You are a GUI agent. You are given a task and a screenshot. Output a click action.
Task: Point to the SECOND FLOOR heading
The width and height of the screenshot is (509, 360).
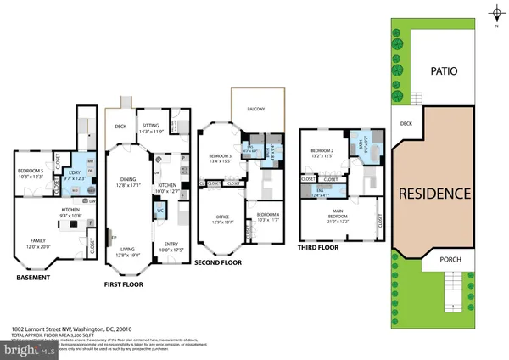[218, 263]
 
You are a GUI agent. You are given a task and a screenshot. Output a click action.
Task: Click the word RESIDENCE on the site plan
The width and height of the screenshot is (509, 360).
[435, 194]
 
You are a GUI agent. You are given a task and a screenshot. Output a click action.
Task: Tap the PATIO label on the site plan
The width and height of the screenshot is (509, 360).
[443, 71]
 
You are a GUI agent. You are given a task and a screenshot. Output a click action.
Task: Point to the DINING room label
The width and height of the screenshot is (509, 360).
[127, 179]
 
